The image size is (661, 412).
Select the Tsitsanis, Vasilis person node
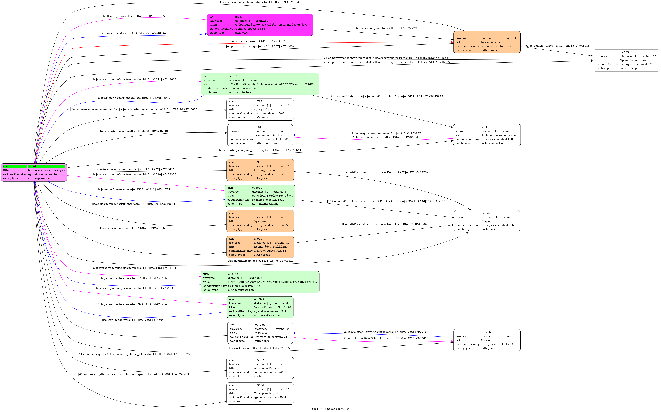pyautogui.click(x=487, y=42)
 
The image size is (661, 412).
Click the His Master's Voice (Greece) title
pyautogui.click(x=499, y=135)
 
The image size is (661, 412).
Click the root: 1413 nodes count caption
pyautogui.click(x=330, y=409)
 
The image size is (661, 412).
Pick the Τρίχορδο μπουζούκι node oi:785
pyautogui.click(x=626, y=60)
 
